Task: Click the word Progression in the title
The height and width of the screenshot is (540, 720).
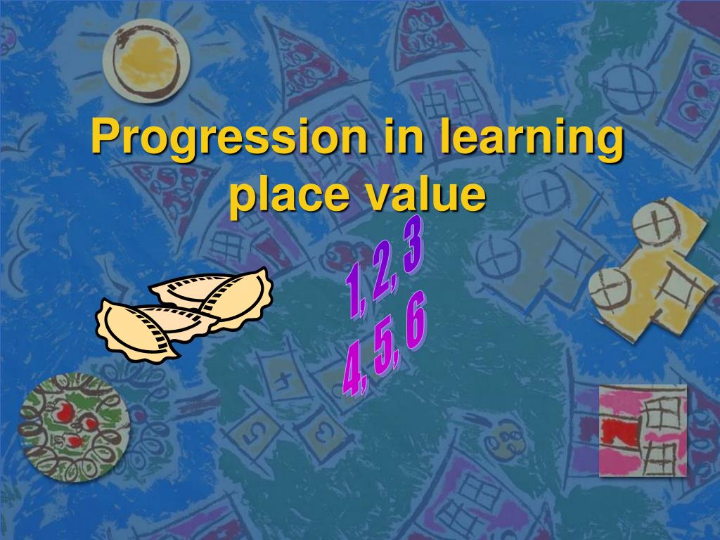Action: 229,138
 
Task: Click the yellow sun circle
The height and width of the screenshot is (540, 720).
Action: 146,60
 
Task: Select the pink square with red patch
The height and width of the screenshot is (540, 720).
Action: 642,430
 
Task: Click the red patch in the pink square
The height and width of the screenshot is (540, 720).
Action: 619,430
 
